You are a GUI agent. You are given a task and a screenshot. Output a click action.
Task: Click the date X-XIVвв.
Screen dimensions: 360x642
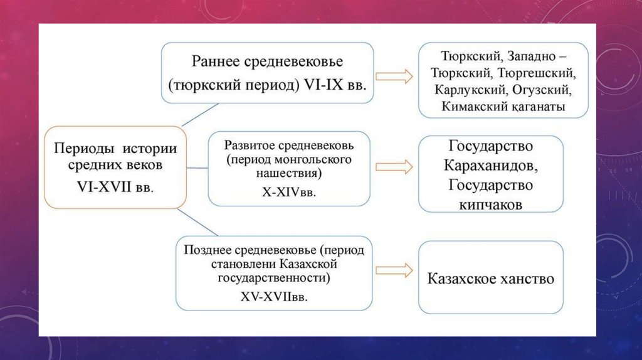(288, 193)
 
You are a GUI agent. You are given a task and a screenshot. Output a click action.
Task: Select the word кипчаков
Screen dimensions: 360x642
(490, 204)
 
